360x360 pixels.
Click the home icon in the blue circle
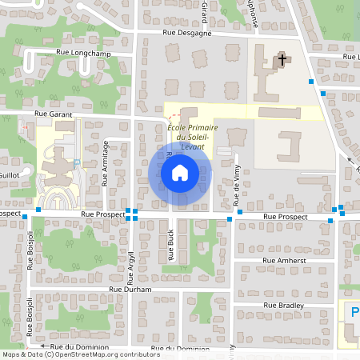point(180,172)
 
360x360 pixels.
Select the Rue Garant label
point(54,114)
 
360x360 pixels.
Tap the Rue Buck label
point(171,244)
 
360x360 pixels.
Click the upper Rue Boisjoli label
point(30,250)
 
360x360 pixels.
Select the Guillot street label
point(9,174)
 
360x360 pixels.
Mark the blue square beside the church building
point(310,82)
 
